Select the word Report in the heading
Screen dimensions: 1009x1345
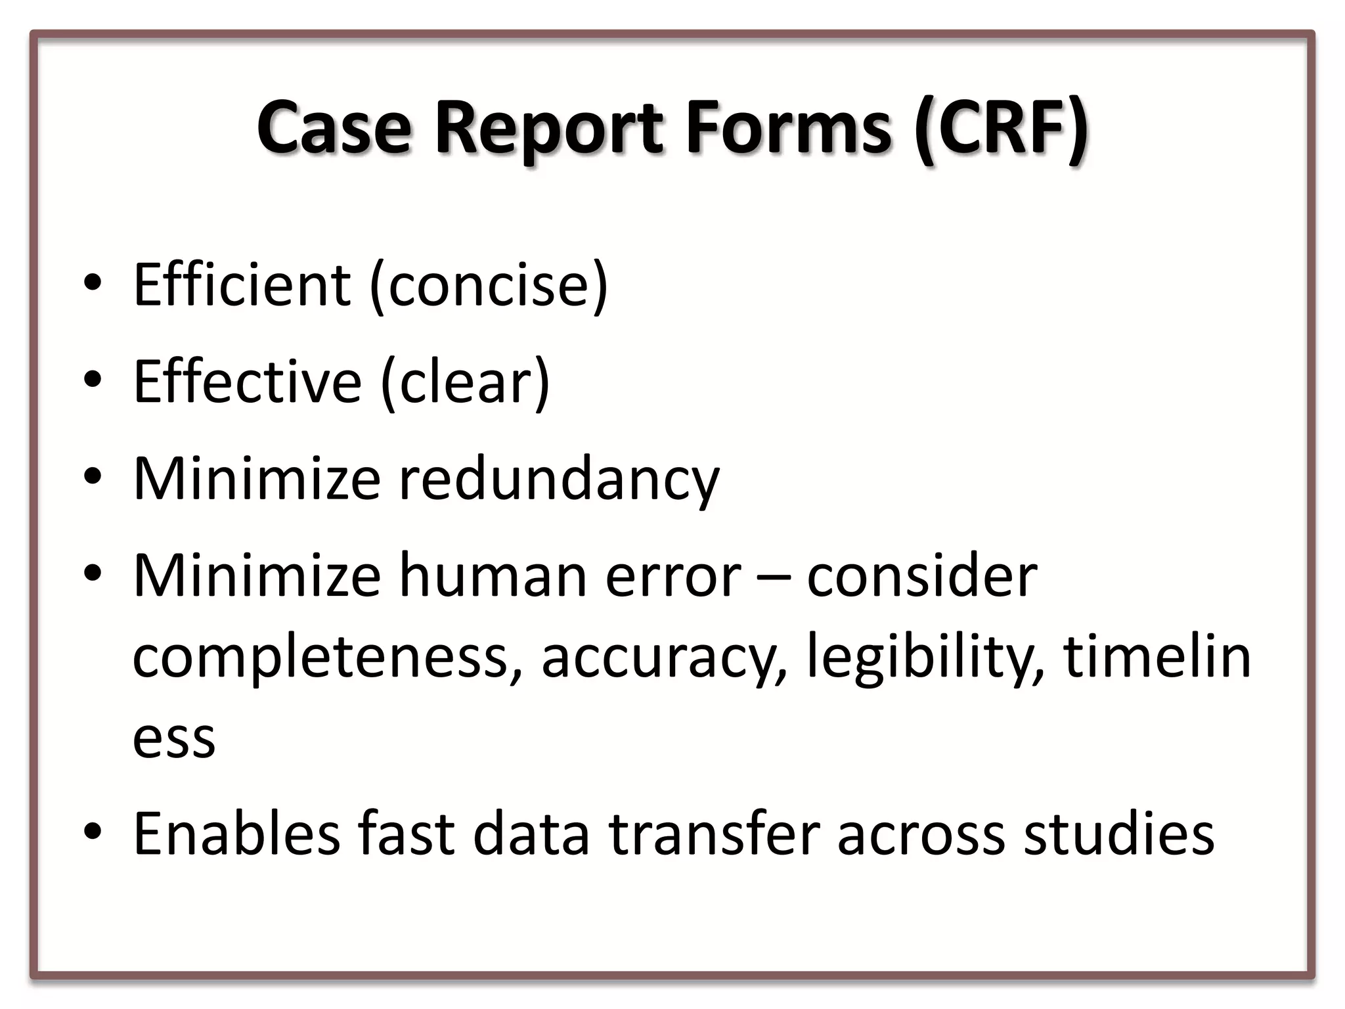[549, 128]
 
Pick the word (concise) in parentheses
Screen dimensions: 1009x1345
[489, 286]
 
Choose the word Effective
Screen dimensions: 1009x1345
[247, 382]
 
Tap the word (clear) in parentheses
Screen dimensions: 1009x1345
[465, 383]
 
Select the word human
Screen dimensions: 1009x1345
[493, 576]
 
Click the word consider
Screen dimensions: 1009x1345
[921, 576]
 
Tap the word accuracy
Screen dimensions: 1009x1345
[663, 660]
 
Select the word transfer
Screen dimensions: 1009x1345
[715, 834]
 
